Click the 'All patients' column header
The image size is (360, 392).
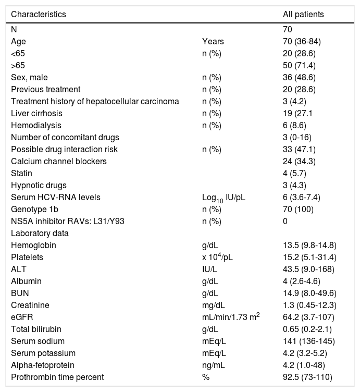(x=302, y=15)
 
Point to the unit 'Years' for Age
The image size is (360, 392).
(x=212, y=41)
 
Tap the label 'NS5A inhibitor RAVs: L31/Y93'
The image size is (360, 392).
(x=65, y=221)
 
